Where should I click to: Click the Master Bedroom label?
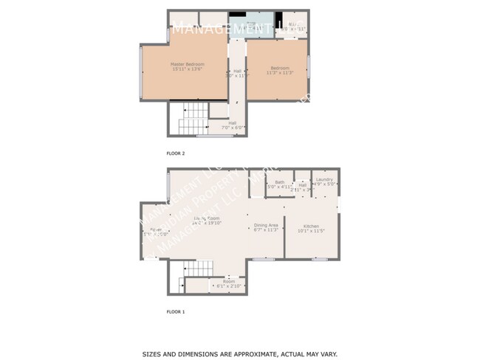tap(187, 67)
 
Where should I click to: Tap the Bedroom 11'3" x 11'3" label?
tap(280, 71)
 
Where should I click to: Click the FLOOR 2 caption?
tap(175, 153)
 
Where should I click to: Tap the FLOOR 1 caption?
tap(175, 312)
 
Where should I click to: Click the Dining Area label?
tap(266, 227)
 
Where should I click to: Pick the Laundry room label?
tap(324, 181)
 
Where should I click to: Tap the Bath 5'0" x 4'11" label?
tap(280, 184)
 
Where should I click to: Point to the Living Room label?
tap(208, 221)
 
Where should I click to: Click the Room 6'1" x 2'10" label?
tap(229, 283)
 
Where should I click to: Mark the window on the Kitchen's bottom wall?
tap(319, 259)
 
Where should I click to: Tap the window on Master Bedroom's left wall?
tap(141, 72)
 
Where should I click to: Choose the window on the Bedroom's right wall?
tap(309, 66)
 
